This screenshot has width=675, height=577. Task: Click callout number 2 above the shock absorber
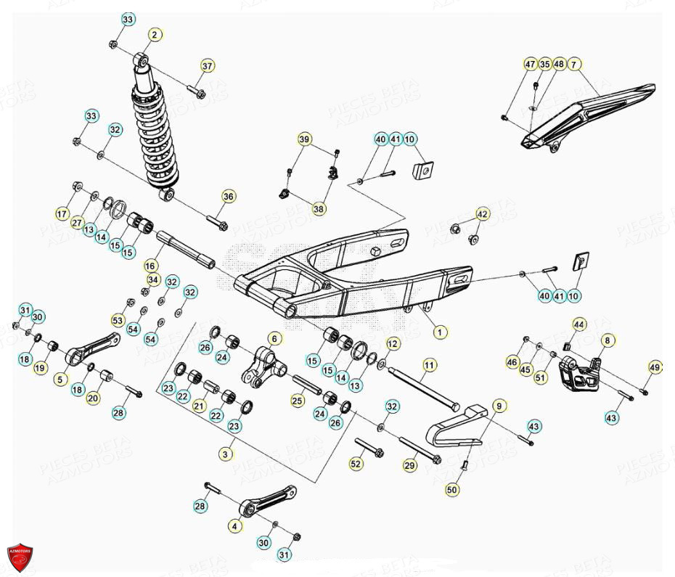155,34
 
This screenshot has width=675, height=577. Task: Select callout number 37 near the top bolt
208,66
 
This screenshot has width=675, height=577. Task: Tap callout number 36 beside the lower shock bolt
228,197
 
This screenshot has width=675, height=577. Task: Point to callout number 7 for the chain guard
573,65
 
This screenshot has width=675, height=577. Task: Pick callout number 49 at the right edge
654,367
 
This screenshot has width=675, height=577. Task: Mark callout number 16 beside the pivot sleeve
151,266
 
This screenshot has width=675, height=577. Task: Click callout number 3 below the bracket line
226,453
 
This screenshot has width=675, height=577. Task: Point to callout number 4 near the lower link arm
234,525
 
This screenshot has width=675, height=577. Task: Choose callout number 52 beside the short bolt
356,464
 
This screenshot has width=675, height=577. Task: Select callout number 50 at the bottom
451,491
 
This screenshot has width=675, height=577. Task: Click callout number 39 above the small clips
304,139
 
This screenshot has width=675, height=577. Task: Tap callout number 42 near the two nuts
483,215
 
